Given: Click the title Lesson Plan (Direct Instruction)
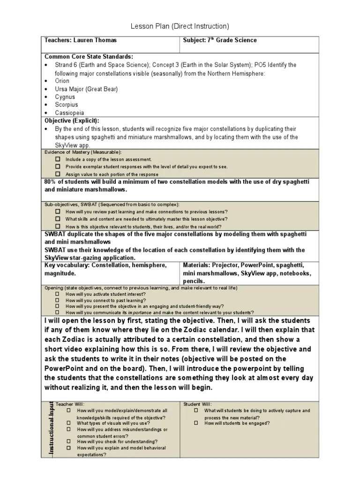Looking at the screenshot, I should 180,26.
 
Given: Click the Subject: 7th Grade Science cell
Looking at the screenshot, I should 220,40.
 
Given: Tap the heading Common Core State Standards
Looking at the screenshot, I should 89,57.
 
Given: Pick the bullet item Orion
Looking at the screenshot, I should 62,81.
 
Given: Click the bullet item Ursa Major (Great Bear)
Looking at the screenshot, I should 86,89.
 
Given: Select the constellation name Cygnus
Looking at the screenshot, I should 65,97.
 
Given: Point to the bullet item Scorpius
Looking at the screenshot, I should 66,105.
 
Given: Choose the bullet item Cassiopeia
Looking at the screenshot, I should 69,113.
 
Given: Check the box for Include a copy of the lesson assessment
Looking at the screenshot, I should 58,159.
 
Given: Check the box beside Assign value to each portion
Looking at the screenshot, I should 58,173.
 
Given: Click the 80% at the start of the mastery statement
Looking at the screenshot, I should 50,181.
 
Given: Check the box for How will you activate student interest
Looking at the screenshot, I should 58,294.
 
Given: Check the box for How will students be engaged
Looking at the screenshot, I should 197,423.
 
